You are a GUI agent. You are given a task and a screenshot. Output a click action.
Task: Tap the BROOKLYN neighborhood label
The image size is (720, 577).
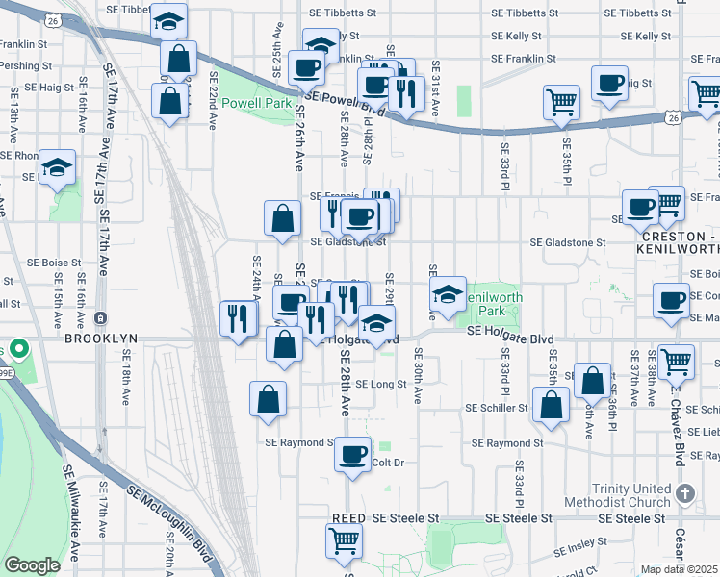click(x=101, y=339)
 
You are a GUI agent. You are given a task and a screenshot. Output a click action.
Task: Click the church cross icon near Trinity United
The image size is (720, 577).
click(x=684, y=493)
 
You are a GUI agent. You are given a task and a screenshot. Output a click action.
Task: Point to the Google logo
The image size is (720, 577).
click(x=32, y=565)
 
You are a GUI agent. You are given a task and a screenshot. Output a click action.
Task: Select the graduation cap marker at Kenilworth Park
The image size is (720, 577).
click(x=448, y=295)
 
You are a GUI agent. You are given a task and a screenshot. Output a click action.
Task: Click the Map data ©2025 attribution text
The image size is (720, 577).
click(x=680, y=569)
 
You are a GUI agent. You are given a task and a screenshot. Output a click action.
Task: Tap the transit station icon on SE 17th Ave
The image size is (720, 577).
click(x=101, y=318)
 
